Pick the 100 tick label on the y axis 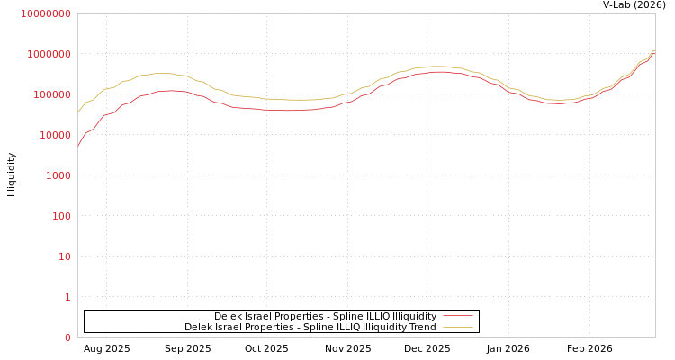click(58, 216)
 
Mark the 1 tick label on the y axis click(67, 297)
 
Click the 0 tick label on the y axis click(67, 337)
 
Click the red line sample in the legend click(458, 316)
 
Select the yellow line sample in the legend click(458, 327)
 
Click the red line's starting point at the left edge click(78, 144)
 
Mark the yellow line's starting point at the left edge click(78, 111)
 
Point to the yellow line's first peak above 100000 click(162, 74)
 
